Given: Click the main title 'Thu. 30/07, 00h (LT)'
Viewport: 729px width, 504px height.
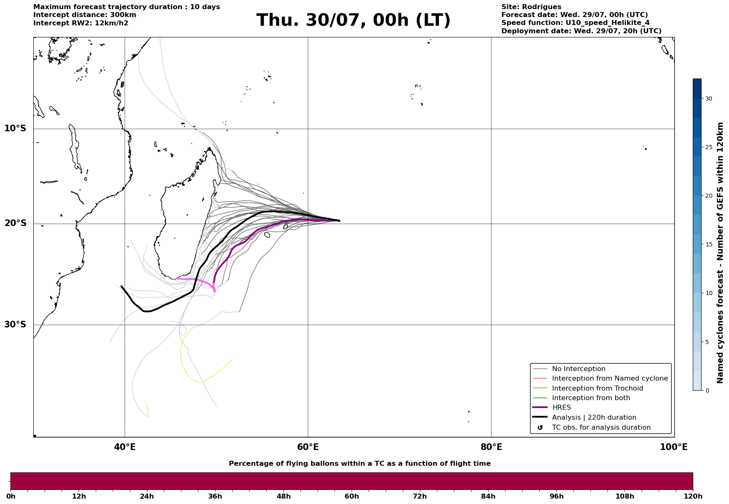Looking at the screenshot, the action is pos(353,20).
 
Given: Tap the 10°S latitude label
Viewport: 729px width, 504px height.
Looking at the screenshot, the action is pos(15,128).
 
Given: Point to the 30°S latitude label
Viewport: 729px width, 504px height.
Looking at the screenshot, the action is pos(15,325).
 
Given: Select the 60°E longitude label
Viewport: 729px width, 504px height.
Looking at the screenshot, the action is pos(308,447).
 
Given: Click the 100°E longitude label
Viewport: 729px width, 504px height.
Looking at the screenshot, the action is pos(674,447).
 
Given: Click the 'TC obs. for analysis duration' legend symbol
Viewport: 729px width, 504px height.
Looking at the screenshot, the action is pos(540,427).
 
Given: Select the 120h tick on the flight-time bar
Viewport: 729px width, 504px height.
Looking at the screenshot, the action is pos(693,497).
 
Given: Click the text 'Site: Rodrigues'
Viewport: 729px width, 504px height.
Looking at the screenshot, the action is pos(531,7).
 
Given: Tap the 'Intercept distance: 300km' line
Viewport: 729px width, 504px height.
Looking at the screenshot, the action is pos(85,15).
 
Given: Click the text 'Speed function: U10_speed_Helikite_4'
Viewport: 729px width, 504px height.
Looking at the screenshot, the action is pos(575,23).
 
